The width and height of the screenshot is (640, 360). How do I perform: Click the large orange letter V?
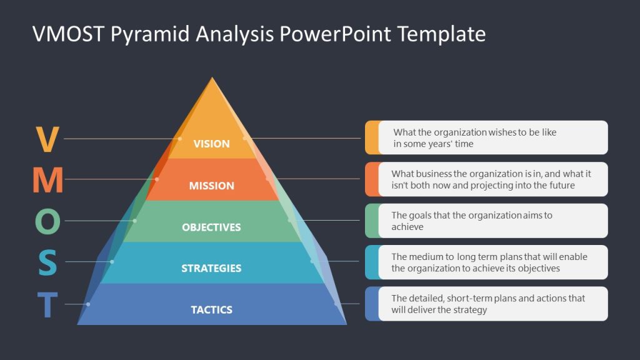tap(47, 139)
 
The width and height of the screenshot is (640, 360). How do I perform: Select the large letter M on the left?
tap(47, 180)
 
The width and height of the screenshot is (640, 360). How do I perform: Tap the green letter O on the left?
tap(47, 221)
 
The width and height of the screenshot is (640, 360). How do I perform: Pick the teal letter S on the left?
tap(47, 262)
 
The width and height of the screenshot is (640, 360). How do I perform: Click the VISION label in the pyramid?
tap(211, 144)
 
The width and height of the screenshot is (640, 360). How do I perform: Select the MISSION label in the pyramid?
tap(211, 186)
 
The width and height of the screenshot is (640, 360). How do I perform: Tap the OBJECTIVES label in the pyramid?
tap(211, 227)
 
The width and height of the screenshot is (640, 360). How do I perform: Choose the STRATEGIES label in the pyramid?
tap(211, 268)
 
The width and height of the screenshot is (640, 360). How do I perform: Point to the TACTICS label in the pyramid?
tap(211, 309)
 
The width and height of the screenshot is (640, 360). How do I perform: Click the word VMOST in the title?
tap(69, 34)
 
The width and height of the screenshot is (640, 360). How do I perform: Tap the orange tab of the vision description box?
tap(371, 137)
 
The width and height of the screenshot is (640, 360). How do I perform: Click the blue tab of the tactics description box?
tap(371, 304)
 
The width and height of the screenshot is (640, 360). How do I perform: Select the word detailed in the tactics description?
tap(429, 298)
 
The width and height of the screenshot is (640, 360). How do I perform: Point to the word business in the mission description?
tap(433, 174)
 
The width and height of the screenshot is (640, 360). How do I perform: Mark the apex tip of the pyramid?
tap(212, 78)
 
